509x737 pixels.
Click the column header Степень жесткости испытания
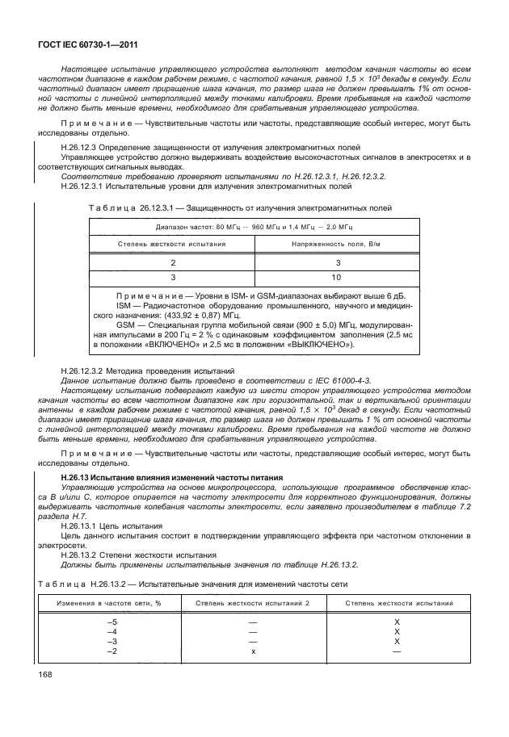point(170,242)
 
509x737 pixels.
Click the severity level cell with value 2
point(171,263)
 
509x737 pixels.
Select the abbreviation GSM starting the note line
point(126,322)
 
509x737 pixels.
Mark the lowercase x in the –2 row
point(253,651)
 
